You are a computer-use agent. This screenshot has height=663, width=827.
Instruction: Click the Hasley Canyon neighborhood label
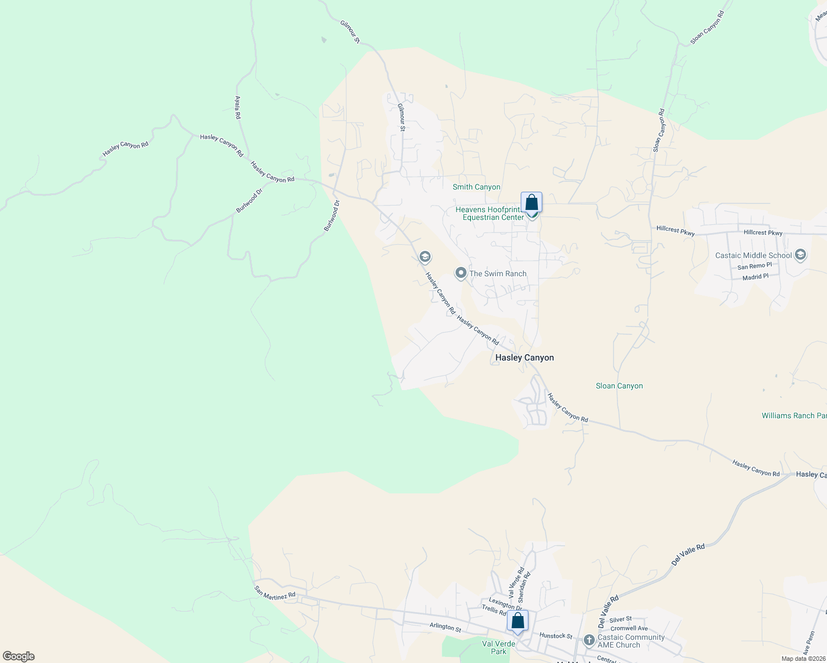[x=524, y=357]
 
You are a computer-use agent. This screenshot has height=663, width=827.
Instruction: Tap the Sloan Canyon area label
[x=619, y=386]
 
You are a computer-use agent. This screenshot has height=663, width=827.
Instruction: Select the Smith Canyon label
[x=476, y=187]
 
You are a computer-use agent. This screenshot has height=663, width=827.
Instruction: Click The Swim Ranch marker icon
[x=460, y=273]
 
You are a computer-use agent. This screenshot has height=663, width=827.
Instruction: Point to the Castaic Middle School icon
[x=800, y=255]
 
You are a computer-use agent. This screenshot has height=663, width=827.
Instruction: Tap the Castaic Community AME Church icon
[x=589, y=641]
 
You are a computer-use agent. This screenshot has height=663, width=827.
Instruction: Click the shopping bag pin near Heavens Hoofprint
[x=531, y=203]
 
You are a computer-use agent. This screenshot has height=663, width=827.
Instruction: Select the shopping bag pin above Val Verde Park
[x=517, y=620]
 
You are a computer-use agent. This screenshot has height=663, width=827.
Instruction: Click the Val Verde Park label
[x=498, y=648]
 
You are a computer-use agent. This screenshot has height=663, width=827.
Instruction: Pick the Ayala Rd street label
[x=238, y=108]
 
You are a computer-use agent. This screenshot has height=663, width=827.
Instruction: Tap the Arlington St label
[x=445, y=627]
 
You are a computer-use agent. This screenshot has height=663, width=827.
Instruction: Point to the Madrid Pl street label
[x=755, y=277]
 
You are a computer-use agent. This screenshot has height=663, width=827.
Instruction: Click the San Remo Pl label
[x=754, y=266]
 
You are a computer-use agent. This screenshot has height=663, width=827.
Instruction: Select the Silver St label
[x=620, y=619]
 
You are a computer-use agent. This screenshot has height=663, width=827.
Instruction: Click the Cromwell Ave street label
[x=629, y=628]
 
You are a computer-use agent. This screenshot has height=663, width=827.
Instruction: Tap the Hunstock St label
[x=556, y=636]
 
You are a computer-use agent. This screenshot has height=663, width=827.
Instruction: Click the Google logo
[x=19, y=656]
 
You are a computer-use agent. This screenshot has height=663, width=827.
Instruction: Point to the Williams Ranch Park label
[x=794, y=415]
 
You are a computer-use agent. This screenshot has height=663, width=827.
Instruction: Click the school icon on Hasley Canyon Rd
[x=425, y=257]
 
